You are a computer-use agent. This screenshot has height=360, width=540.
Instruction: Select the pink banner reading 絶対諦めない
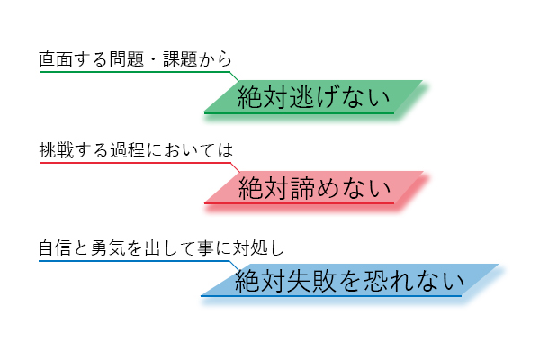[314, 188]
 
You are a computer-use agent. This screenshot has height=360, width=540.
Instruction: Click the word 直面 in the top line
[54, 59]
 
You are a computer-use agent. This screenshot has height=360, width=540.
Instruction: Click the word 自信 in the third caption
[54, 246]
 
